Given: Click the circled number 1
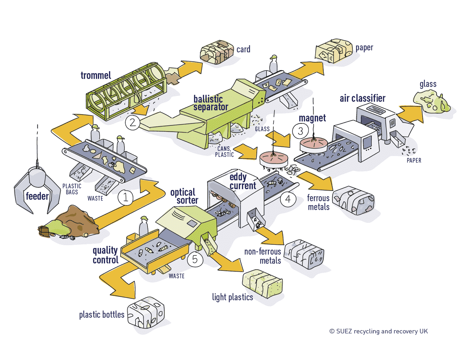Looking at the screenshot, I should (x=126, y=197).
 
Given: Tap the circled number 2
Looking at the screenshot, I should (x=133, y=122).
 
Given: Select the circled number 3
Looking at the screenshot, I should (x=300, y=130).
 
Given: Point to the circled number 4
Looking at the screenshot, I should (x=288, y=199).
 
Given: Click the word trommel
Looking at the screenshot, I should (x=96, y=75).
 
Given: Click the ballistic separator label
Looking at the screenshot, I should (x=210, y=103).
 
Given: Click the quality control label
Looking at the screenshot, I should (x=105, y=255).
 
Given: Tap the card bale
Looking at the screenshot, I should (x=216, y=53).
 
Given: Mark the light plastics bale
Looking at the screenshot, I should (x=262, y=281).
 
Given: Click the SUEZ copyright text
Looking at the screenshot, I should (x=378, y=331).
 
